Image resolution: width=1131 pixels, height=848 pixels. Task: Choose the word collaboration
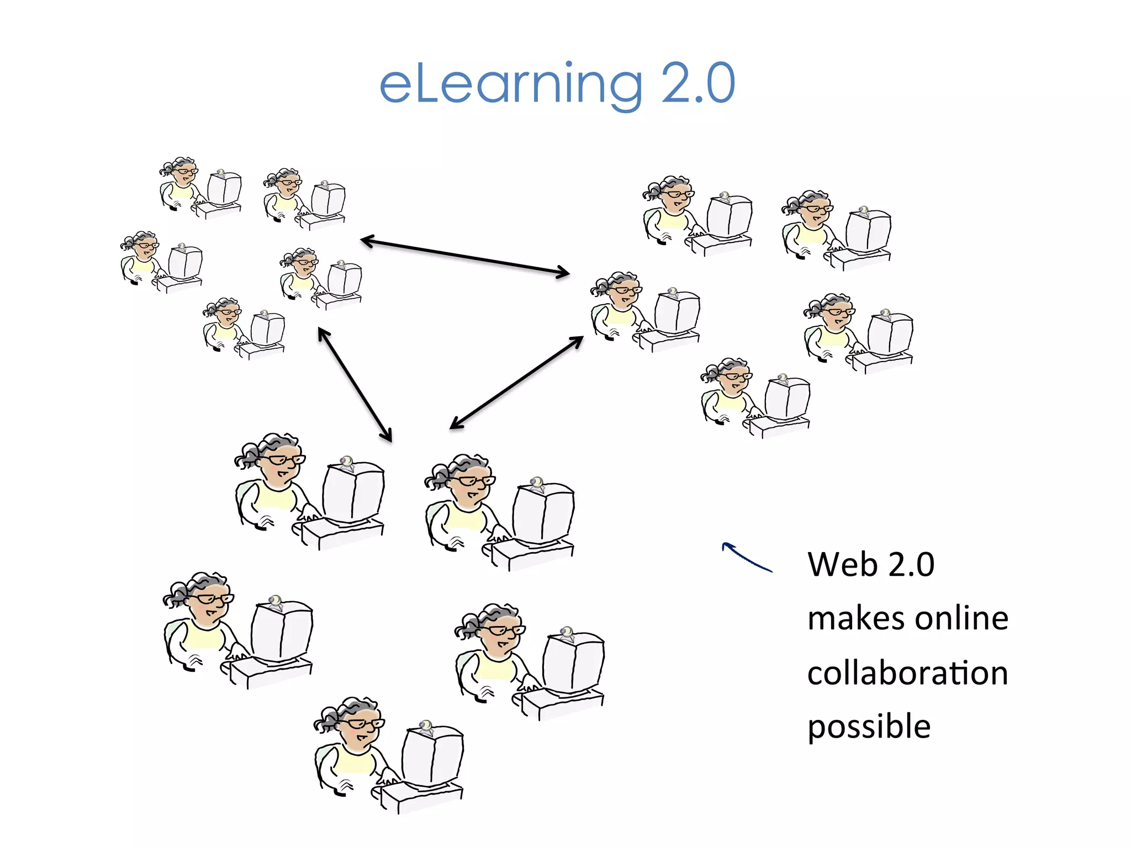[x=907, y=674]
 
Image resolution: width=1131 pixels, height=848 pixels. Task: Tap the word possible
[x=869, y=727]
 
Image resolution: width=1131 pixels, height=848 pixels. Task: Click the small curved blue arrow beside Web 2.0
[x=746, y=556]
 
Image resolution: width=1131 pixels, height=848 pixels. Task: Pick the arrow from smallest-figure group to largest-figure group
[x=355, y=385]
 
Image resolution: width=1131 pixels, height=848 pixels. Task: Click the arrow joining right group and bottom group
[x=517, y=383]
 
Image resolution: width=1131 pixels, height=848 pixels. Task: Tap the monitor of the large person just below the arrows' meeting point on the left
[x=353, y=493]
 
